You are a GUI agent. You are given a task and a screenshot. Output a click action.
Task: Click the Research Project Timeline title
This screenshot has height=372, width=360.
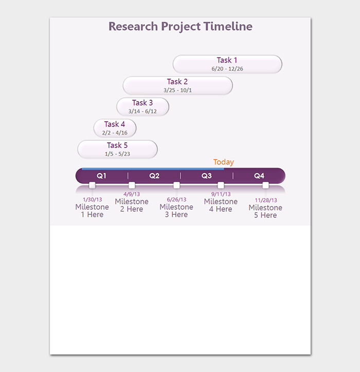tap(181, 27)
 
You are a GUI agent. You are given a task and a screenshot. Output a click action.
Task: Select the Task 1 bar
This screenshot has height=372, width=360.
tap(227, 64)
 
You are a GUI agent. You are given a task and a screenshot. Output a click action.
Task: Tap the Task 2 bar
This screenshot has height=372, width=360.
tap(177, 86)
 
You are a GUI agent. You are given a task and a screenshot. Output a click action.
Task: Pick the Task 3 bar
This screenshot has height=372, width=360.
tap(143, 107)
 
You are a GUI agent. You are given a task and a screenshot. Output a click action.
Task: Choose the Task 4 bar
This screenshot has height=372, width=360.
tap(115, 128)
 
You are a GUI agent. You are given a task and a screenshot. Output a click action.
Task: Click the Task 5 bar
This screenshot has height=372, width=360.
tap(117, 149)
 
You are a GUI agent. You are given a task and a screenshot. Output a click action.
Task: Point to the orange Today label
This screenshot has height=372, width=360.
tap(223, 162)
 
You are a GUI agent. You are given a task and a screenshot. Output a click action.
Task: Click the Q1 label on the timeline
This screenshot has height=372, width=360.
tap(101, 176)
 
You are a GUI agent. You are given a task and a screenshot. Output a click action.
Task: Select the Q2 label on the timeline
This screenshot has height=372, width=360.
tap(154, 176)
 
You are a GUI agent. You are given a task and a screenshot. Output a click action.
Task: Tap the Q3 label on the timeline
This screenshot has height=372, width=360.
tap(206, 176)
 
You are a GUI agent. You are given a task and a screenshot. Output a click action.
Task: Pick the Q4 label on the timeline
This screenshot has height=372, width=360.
tap(259, 176)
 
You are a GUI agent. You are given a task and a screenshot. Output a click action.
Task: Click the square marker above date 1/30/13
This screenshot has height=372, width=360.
tap(92, 185)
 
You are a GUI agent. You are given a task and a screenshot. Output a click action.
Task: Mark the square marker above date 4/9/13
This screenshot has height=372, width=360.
tap(132, 185)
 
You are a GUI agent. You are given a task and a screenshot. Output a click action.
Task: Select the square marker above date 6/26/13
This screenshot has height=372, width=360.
tap(176, 185)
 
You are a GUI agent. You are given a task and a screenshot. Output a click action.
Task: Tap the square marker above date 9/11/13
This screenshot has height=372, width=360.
tap(221, 185)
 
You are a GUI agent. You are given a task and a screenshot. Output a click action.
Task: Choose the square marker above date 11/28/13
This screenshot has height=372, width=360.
tap(265, 185)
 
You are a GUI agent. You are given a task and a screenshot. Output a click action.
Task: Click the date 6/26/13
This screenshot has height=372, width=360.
tap(176, 199)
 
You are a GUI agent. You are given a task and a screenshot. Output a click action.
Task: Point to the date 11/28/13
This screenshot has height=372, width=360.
tap(266, 200)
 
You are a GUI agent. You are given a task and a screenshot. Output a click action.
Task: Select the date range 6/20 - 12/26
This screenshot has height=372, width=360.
tap(227, 69)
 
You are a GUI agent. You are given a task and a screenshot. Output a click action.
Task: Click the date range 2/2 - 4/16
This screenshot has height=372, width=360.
tap(115, 133)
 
